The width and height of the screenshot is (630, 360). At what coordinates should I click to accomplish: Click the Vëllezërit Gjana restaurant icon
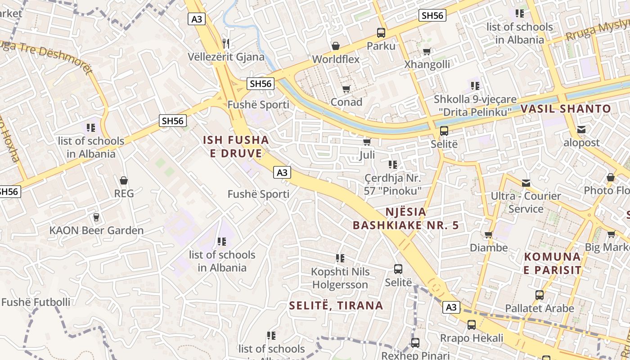(226, 44)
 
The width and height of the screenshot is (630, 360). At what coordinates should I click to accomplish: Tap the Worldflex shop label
(336, 59)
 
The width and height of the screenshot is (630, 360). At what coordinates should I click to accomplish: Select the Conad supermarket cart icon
(346, 89)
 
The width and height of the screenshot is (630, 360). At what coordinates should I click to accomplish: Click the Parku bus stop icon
(381, 33)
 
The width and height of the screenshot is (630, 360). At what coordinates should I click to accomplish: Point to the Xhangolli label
(427, 64)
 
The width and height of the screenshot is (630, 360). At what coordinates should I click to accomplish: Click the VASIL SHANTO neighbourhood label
(566, 109)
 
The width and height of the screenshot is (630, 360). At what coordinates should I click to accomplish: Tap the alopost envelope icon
(581, 130)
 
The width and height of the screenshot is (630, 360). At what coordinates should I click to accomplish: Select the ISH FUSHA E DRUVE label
(236, 147)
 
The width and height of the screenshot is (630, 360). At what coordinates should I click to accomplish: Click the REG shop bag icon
(124, 181)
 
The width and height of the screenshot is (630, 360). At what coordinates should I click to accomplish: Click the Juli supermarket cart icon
(367, 142)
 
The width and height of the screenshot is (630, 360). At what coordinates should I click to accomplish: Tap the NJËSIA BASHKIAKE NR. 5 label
(406, 218)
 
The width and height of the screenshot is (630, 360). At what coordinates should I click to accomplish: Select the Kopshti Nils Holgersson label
(341, 278)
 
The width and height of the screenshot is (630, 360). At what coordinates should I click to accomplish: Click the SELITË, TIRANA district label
(336, 306)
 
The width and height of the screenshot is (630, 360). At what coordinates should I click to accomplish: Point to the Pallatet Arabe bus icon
(539, 296)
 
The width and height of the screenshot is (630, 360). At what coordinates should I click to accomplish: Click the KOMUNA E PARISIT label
(553, 264)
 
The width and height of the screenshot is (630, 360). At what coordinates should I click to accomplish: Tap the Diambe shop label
(489, 247)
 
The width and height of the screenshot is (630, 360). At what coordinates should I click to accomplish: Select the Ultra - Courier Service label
(526, 202)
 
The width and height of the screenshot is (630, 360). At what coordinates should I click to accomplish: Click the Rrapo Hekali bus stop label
(472, 338)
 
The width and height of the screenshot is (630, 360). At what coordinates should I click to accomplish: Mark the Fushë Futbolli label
(36, 302)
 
